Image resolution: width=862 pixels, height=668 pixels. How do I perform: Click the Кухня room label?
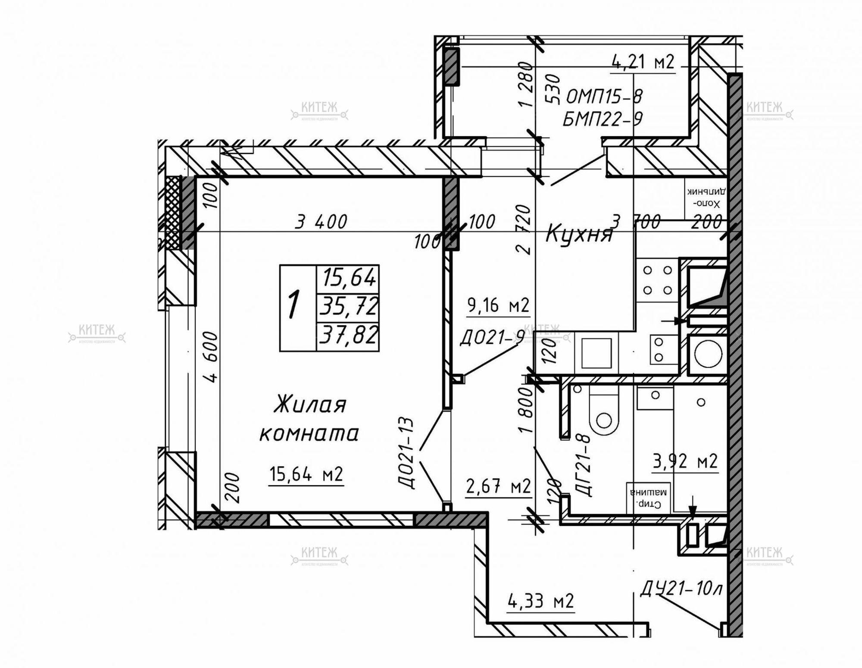pos(579,235)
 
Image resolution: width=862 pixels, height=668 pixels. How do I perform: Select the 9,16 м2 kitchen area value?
pos(498,305)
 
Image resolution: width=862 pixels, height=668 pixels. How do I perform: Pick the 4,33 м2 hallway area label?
pos(541,601)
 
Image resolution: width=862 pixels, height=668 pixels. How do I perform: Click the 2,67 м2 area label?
pos(498,487)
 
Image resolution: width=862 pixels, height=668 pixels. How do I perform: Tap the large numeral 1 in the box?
pos(294,304)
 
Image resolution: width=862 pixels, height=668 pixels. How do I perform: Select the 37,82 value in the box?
pos(348,335)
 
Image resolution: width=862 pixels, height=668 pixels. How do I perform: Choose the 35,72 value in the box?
pos(348,307)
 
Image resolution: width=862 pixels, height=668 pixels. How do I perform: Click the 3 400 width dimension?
pos(321,222)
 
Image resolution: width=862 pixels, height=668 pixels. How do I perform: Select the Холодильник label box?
pos(706,198)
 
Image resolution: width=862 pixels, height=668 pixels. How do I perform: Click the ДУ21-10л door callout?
pos(681,589)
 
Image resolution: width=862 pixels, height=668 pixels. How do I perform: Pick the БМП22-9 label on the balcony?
pos(603,118)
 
